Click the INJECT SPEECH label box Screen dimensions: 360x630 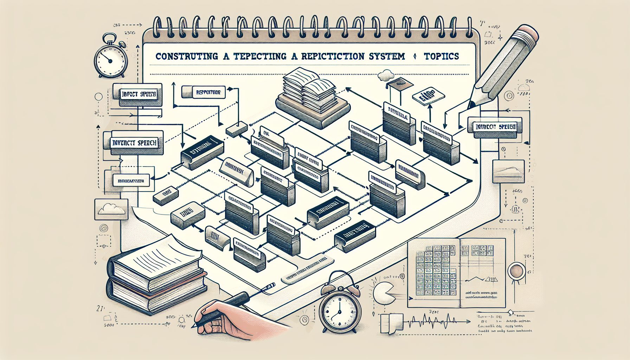point(139,95)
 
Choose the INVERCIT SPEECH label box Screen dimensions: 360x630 point(134,143)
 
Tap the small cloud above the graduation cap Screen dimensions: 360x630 point(386,74)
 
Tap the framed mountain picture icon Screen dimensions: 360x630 point(506,172)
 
